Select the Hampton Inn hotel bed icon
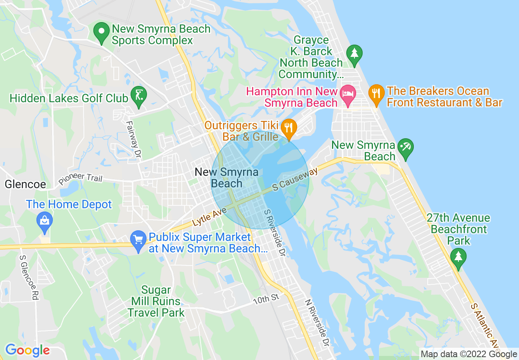click(348, 94)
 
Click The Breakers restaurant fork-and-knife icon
click(376, 94)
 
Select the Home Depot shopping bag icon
click(44, 221)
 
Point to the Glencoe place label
click(25, 184)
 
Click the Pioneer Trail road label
click(80, 178)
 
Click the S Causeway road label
click(295, 179)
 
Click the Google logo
click(27, 350)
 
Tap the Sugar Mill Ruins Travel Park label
click(156, 301)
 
